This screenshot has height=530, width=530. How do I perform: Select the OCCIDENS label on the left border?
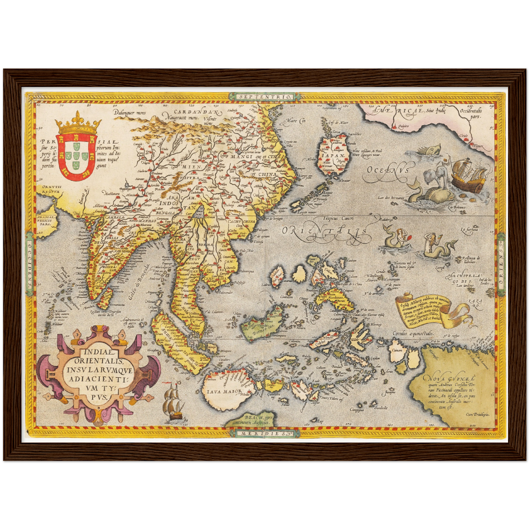pyautogui.click(x=29, y=264)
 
